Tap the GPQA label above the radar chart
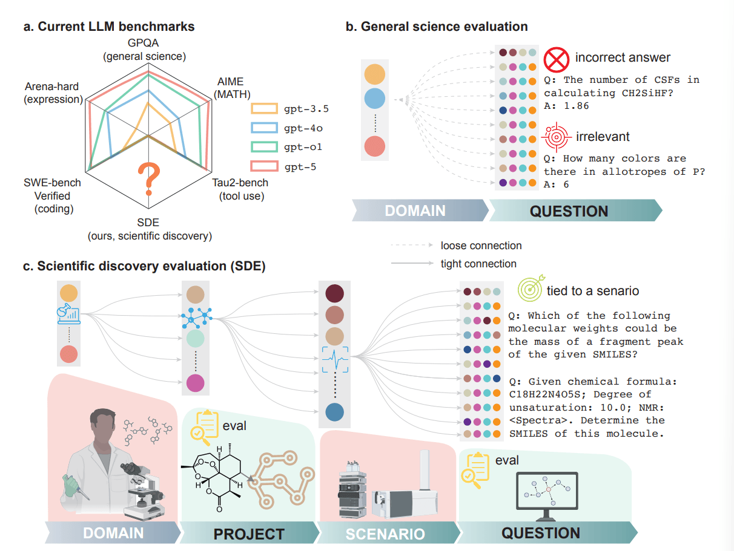(x=144, y=44)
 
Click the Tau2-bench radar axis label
(x=240, y=183)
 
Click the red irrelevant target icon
(x=555, y=137)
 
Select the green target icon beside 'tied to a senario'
(x=530, y=290)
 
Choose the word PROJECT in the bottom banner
(x=248, y=534)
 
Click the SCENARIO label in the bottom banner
(x=385, y=534)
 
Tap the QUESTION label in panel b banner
(x=569, y=211)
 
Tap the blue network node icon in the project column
(x=195, y=317)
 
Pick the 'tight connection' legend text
(x=478, y=264)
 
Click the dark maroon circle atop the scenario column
(x=335, y=293)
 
